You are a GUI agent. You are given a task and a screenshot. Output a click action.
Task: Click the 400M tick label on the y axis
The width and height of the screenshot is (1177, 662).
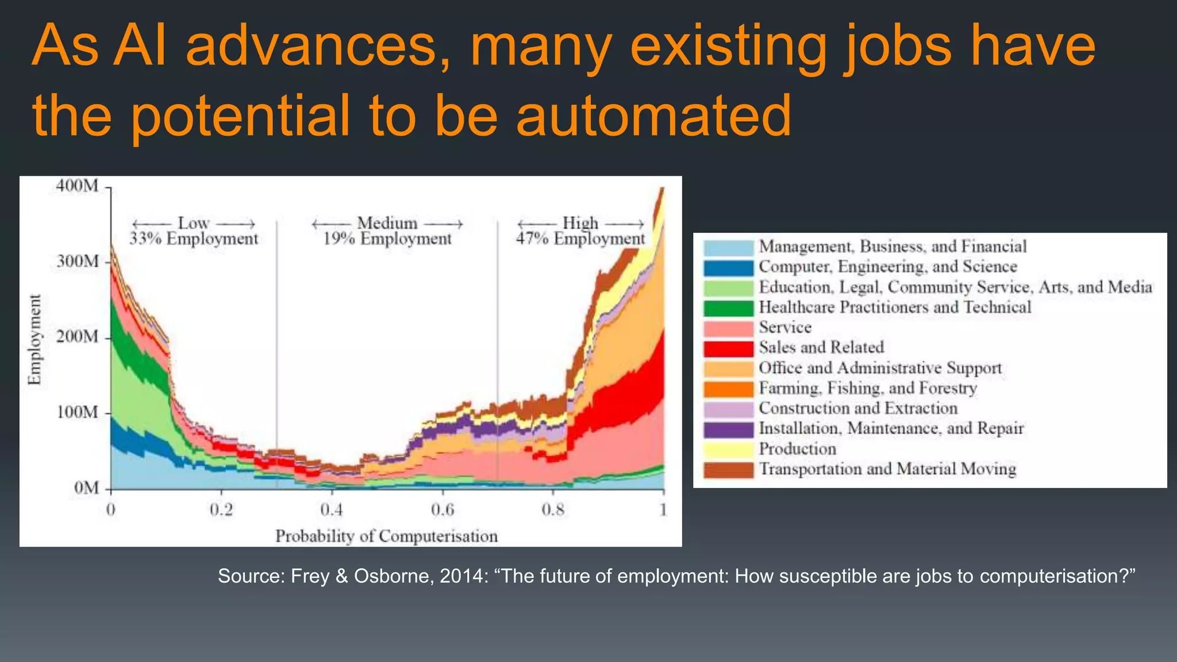click(77, 186)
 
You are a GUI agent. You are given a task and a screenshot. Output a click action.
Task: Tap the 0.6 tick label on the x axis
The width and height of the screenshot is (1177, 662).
click(442, 510)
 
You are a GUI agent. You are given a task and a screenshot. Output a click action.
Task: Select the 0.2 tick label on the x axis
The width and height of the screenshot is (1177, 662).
click(221, 510)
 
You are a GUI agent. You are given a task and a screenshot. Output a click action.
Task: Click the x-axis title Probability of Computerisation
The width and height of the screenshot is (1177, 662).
click(386, 536)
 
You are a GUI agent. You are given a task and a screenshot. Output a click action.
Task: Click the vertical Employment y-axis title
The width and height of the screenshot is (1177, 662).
click(35, 339)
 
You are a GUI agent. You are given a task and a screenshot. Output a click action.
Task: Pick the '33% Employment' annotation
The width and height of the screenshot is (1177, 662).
click(194, 238)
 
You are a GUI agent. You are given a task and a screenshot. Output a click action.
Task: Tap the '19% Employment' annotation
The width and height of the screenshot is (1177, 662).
click(387, 238)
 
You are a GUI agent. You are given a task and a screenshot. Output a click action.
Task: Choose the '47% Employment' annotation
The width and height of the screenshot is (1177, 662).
click(580, 238)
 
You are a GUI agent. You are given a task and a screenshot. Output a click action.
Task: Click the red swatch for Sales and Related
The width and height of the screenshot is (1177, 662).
click(728, 348)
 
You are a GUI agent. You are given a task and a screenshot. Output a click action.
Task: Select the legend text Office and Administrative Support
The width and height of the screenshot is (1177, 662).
click(880, 368)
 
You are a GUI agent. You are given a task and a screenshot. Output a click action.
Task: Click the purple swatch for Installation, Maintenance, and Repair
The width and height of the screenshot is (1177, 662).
click(728, 429)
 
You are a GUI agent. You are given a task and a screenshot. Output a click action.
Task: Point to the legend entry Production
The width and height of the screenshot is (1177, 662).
click(797, 449)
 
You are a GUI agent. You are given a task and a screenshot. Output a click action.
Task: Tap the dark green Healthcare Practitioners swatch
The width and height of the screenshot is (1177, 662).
click(728, 308)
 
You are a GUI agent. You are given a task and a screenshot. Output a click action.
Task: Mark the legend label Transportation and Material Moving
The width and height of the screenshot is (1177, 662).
click(887, 469)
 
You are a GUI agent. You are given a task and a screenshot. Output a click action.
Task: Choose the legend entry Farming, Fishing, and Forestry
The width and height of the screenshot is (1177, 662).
click(868, 388)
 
